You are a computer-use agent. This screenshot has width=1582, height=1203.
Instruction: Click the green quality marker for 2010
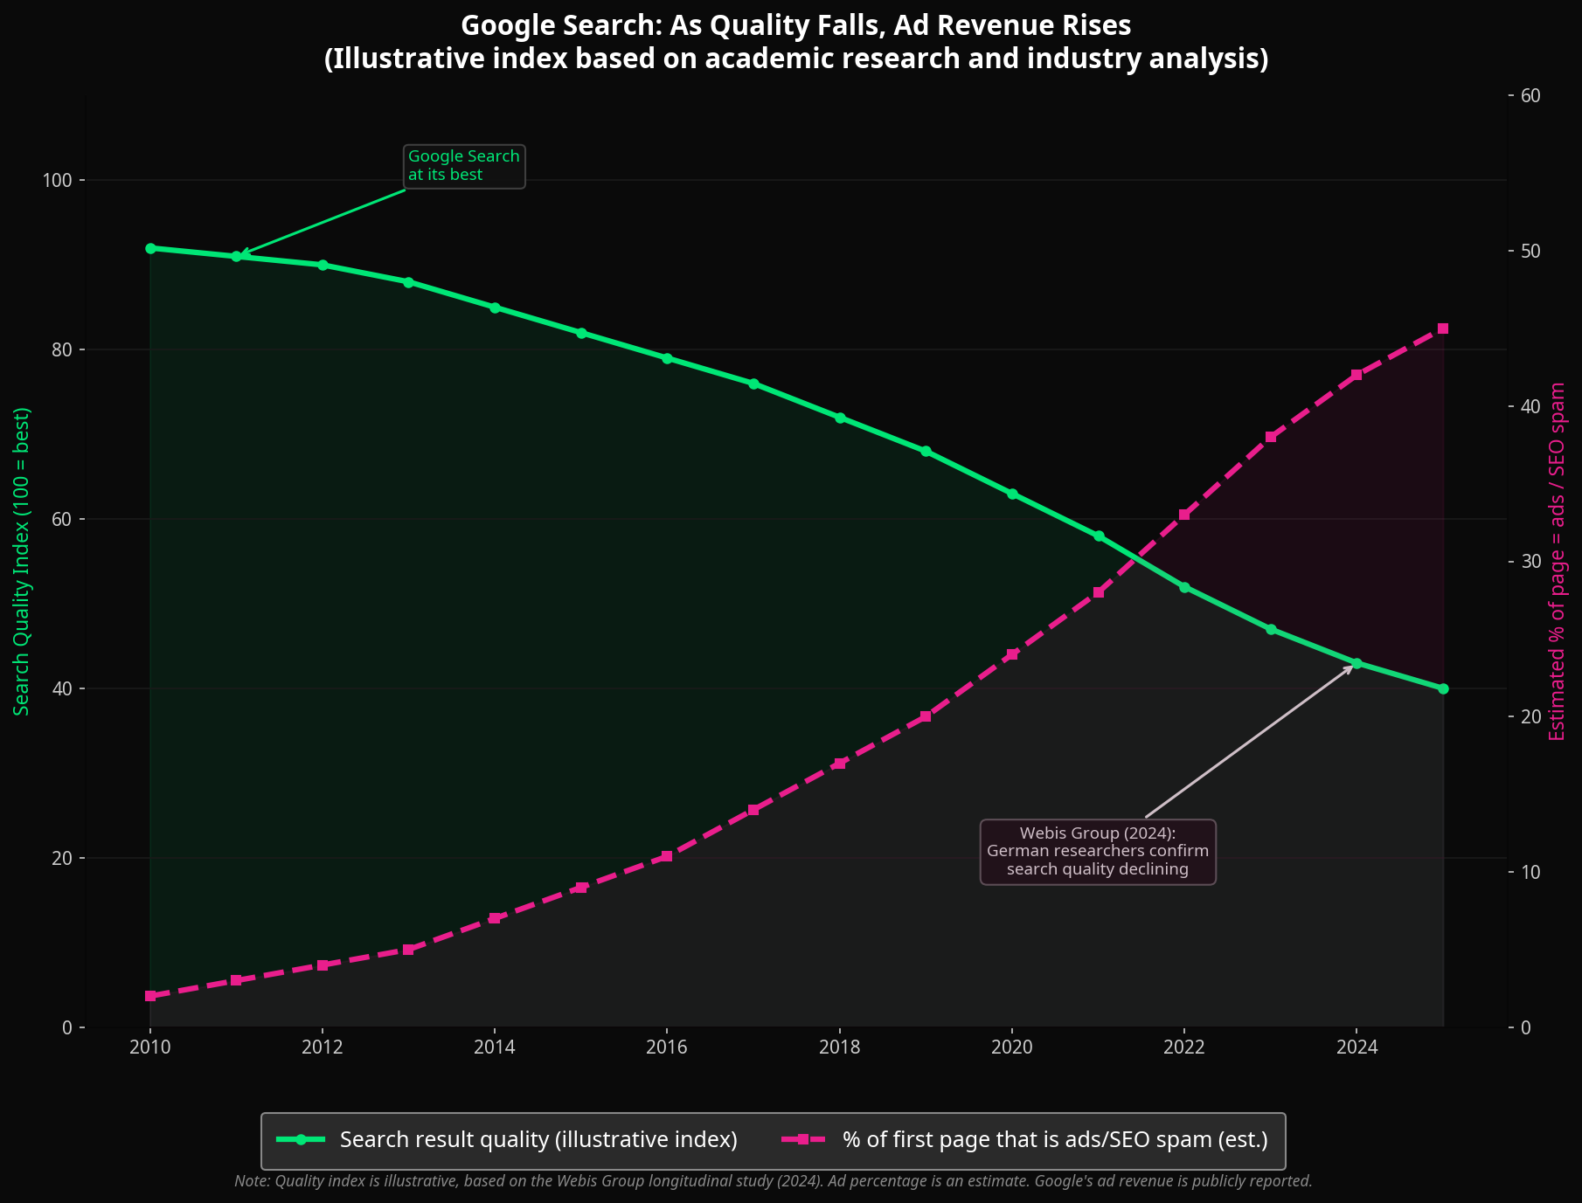pyautogui.click(x=150, y=248)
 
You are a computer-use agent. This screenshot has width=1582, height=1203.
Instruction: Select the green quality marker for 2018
pyautogui.click(x=840, y=418)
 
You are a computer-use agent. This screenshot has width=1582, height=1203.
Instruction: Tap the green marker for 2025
pyautogui.click(x=1443, y=688)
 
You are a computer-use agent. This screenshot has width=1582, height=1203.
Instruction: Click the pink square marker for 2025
pyautogui.click(x=1443, y=328)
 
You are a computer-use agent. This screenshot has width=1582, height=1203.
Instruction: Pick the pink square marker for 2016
pyautogui.click(x=667, y=856)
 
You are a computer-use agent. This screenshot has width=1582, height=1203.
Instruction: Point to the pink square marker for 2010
pyautogui.click(x=150, y=996)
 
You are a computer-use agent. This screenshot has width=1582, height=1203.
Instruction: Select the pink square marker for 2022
pyautogui.click(x=1184, y=515)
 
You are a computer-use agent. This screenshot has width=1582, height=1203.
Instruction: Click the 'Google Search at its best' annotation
pyautogui.click(x=464, y=166)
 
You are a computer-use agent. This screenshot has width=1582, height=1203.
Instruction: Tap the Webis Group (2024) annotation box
pyautogui.click(x=1098, y=852)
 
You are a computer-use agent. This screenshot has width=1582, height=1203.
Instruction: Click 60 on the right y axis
pyautogui.click(x=1530, y=95)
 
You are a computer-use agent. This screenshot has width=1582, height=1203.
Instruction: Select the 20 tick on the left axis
pyautogui.click(x=63, y=858)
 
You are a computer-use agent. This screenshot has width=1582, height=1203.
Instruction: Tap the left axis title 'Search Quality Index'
pyautogui.click(x=22, y=561)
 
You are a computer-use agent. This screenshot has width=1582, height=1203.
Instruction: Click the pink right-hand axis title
pyautogui.click(x=1558, y=561)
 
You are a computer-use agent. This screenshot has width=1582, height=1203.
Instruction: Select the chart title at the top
pyautogui.click(x=795, y=42)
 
